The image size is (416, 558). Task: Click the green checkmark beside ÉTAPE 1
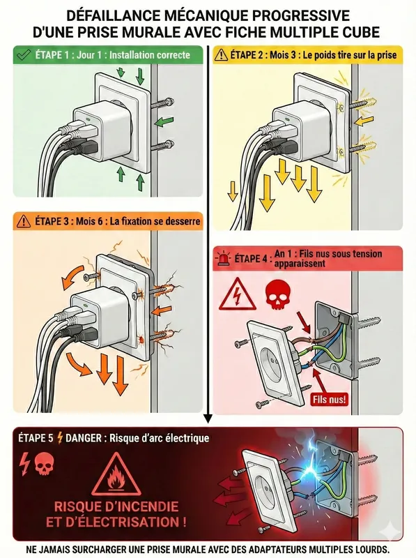click(x=23, y=55)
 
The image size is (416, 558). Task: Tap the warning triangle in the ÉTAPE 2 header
click(x=222, y=55)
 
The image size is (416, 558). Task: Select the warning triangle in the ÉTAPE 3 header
click(x=24, y=221)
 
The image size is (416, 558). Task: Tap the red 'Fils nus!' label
click(x=329, y=399)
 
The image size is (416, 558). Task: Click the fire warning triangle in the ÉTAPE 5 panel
click(x=116, y=475)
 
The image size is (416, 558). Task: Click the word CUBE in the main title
click(x=361, y=32)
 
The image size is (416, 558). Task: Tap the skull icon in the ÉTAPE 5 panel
click(x=45, y=465)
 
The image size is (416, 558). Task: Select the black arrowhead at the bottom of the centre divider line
click(x=208, y=419)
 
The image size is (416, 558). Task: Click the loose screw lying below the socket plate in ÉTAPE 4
click(x=263, y=404)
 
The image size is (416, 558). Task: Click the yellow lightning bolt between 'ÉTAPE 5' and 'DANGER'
click(x=60, y=438)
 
